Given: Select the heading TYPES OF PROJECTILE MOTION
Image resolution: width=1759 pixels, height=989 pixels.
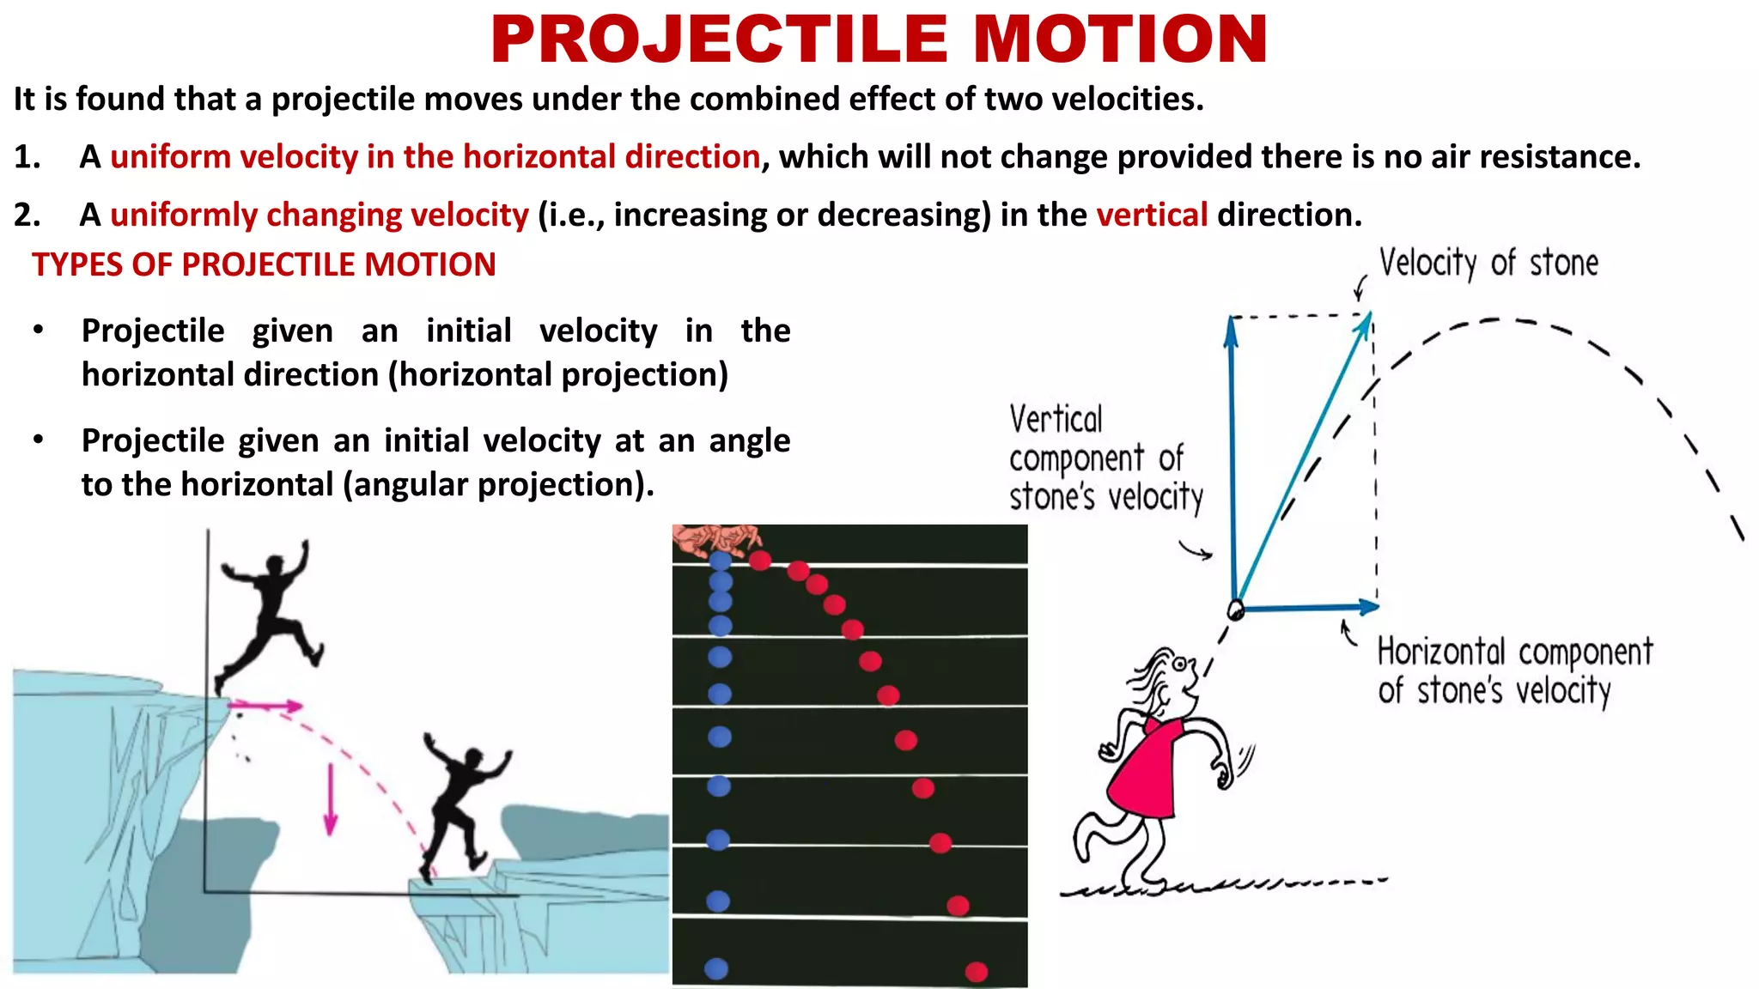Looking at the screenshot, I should coord(264,264).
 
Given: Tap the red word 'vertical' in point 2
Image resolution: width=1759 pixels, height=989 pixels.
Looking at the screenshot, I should coord(1152,215).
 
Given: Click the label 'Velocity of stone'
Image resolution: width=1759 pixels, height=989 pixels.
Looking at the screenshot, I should coord(1488,263).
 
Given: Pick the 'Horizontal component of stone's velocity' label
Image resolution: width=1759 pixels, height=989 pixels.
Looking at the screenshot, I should coord(1514,670).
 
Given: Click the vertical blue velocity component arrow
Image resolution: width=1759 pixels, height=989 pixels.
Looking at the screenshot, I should coord(1233,455).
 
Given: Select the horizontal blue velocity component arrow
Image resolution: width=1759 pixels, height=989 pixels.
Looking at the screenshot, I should coord(1310,607).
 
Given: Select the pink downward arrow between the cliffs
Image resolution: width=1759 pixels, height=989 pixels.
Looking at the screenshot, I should coord(331,799).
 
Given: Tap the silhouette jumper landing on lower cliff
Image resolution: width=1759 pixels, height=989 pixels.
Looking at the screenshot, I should coord(461,803).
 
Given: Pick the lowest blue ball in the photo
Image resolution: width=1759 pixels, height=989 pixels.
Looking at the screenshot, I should coord(716,968).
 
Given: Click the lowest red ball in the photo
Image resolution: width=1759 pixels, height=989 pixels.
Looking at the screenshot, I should coord(976,972).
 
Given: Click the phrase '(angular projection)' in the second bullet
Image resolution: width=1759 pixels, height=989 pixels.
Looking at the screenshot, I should coord(499,485).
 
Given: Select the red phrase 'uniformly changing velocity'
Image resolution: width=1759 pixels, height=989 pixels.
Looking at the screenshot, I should coord(320,215).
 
